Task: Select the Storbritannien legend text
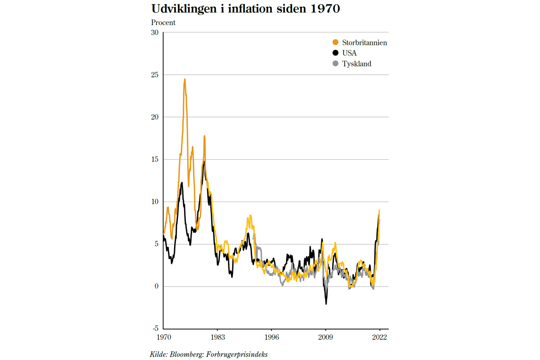tap(365, 43)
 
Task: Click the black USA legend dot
tap(335, 53)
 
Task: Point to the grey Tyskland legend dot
tap(335, 64)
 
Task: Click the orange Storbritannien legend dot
tap(335, 43)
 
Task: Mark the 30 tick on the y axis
tap(155, 32)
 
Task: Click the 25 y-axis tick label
tap(155, 75)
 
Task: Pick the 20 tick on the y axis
tap(155, 117)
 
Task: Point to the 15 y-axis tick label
tap(155, 159)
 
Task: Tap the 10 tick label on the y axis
tap(155, 202)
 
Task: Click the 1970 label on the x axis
tap(163, 337)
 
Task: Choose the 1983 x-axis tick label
tap(217, 337)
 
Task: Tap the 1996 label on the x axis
tap(271, 337)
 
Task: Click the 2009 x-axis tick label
tap(325, 337)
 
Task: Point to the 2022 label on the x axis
tap(379, 337)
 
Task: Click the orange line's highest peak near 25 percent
tap(184, 80)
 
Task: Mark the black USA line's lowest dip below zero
tap(326, 304)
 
